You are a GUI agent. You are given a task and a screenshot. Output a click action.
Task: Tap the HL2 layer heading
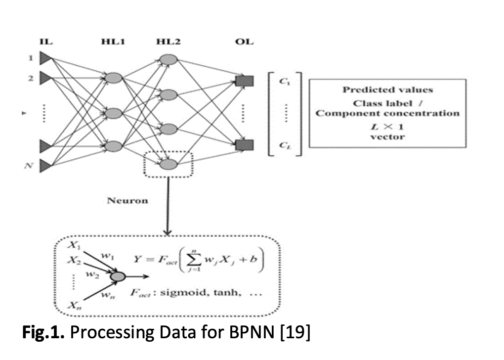coord(168,42)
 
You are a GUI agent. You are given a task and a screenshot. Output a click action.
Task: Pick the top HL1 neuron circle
coord(113,78)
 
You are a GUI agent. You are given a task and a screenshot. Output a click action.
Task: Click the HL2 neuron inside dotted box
coord(168,164)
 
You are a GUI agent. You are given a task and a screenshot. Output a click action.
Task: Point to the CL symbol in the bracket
coord(285,145)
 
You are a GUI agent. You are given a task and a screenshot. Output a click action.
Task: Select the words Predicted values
coord(387,90)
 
